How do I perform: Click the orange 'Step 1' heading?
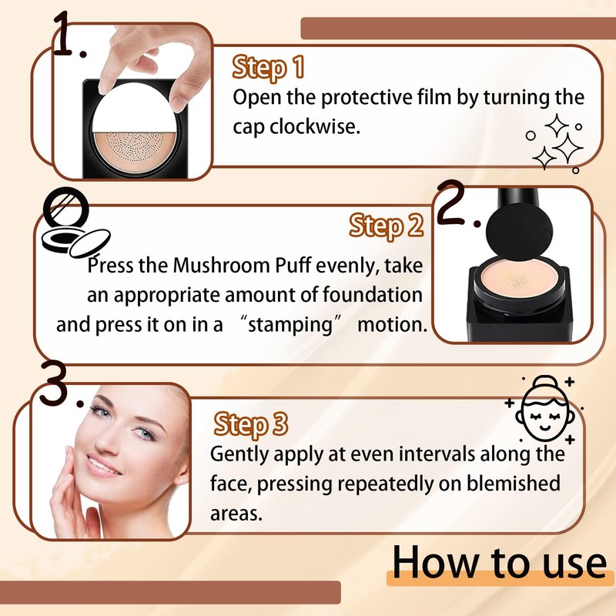click(268, 68)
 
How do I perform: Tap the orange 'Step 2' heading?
click(387, 226)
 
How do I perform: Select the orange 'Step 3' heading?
click(251, 425)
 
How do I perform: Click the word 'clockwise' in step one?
click(312, 126)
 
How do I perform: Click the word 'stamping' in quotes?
click(290, 326)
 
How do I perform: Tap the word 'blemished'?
click(513, 484)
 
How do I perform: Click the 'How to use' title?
click(499, 562)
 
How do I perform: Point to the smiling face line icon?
click(545, 410)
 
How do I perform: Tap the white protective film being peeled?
click(133, 108)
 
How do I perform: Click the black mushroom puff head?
click(519, 230)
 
